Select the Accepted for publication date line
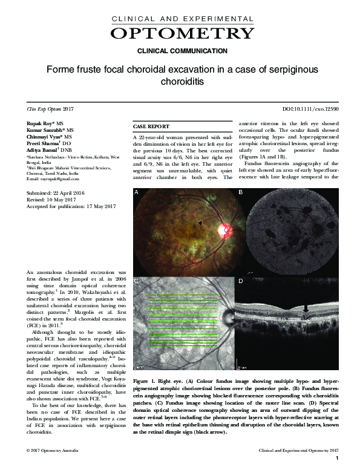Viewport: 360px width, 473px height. [x=71, y=206]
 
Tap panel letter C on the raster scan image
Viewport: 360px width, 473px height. [x=137, y=281]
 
